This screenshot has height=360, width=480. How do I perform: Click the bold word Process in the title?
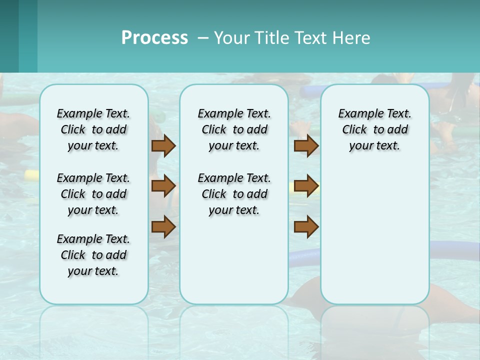tap(154, 38)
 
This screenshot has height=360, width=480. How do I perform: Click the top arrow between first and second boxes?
tap(163, 145)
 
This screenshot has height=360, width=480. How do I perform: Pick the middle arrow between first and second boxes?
tap(163, 186)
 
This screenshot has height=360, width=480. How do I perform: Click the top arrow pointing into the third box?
tap(306, 145)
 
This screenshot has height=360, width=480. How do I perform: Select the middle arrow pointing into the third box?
tap(306, 186)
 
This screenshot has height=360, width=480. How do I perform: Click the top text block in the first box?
tap(93, 129)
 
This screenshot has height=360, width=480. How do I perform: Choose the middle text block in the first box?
tap(93, 194)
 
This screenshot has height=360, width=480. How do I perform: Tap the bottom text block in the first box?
tap(93, 255)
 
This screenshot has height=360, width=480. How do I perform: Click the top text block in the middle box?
tap(234, 129)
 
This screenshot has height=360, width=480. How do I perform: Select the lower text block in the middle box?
tap(234, 194)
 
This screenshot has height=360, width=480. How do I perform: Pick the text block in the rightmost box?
tap(375, 129)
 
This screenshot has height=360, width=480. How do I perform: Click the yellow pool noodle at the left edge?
tap(31, 175)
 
